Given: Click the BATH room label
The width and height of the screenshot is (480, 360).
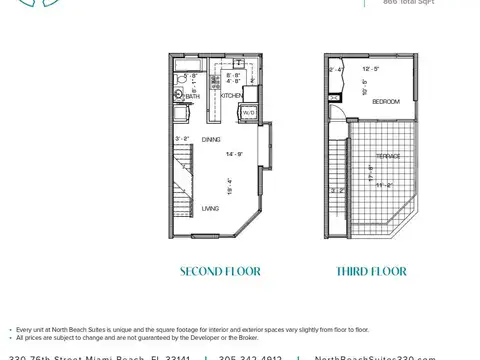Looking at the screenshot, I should (x=192, y=97).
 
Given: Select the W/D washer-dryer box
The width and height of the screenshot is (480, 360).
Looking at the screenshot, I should (x=248, y=113).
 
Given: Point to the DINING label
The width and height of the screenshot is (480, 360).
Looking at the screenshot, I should (x=211, y=139).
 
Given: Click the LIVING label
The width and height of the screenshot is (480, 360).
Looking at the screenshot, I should (x=210, y=208).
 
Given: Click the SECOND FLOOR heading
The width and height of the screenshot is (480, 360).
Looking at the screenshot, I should (x=220, y=271).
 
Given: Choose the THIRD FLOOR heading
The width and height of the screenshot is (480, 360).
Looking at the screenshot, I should (x=370, y=271).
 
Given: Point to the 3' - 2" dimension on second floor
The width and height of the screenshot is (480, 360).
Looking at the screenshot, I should (x=182, y=139).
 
